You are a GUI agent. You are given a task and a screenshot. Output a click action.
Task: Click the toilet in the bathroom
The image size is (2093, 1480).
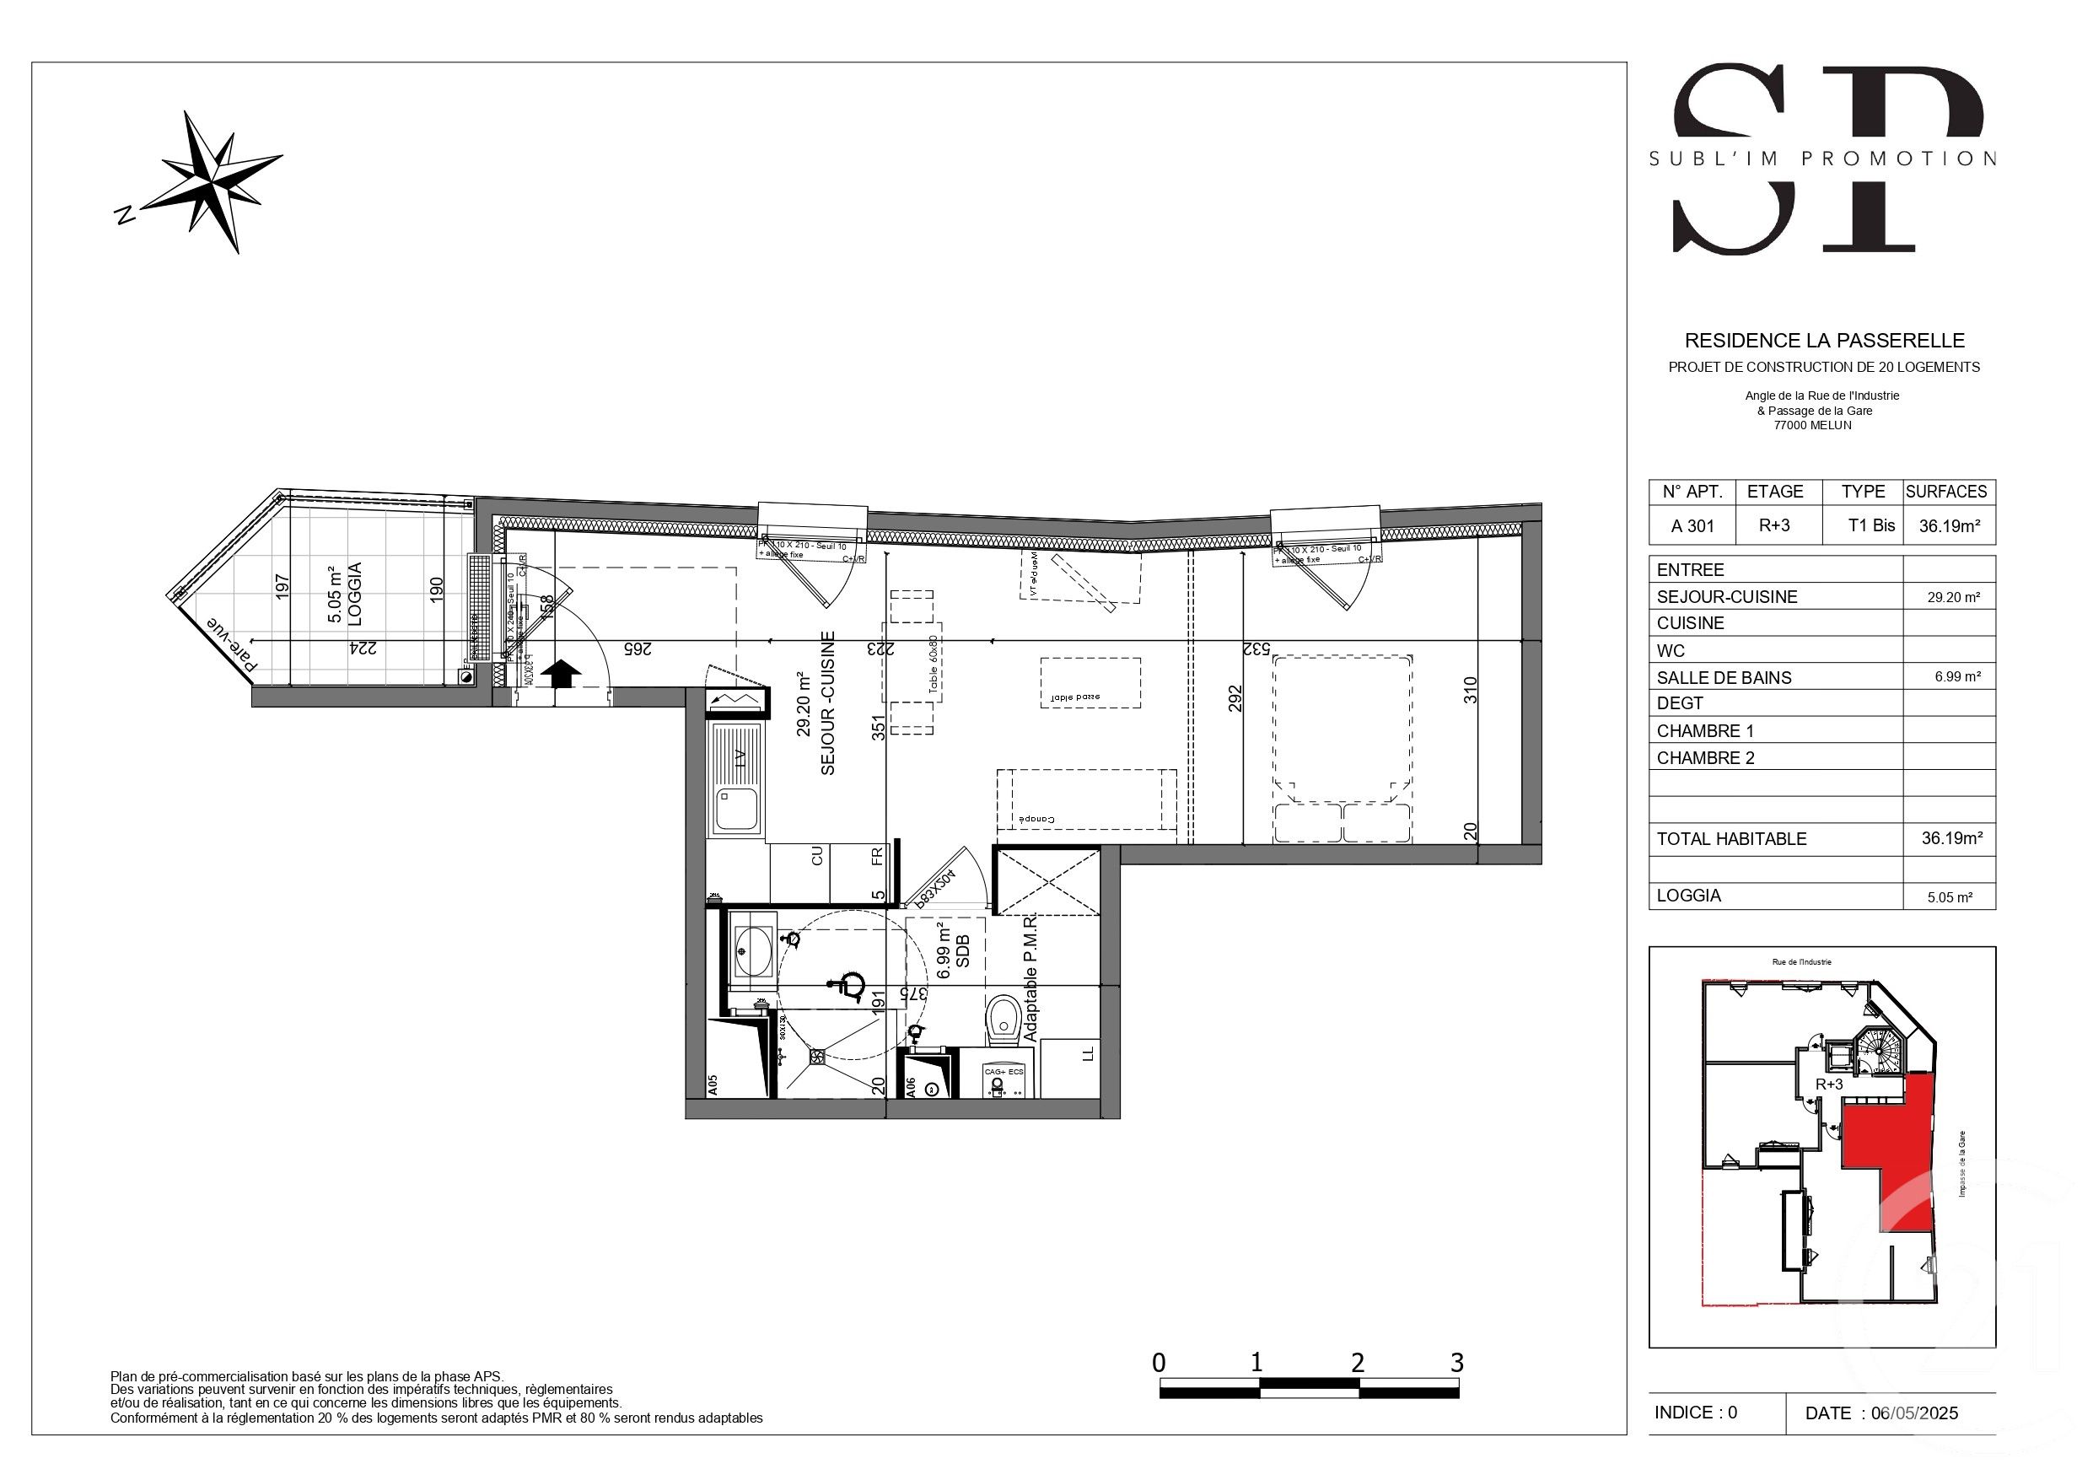point(1003,1020)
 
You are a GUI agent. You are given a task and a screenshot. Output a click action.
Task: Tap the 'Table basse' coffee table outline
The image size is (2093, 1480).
point(1090,683)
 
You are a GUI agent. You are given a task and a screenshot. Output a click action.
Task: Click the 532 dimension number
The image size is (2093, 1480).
point(1256,649)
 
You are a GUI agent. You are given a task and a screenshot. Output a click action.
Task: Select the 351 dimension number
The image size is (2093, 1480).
point(878,727)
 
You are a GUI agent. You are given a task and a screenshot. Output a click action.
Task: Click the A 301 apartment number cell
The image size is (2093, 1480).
point(1692,526)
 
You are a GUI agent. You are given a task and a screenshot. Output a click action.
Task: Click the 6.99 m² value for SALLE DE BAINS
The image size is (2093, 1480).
point(1957,676)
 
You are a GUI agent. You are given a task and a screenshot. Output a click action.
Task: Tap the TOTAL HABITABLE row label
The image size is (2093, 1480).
point(1731,839)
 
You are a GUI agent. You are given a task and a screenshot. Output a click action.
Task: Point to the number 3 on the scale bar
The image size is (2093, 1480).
point(1456,1364)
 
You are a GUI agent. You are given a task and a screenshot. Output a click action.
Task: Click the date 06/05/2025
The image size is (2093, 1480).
point(1914,1413)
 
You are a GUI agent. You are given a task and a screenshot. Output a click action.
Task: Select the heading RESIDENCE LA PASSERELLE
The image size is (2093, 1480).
point(1824,341)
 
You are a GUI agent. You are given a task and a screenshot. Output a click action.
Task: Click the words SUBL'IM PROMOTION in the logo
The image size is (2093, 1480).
point(1823,159)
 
